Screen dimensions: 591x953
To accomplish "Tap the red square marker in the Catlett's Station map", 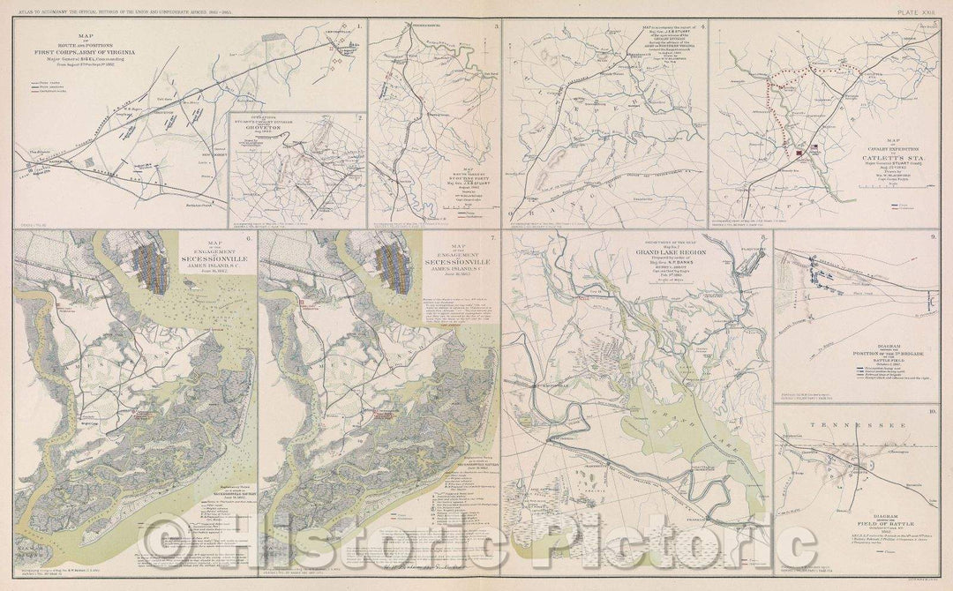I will [798, 152].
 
